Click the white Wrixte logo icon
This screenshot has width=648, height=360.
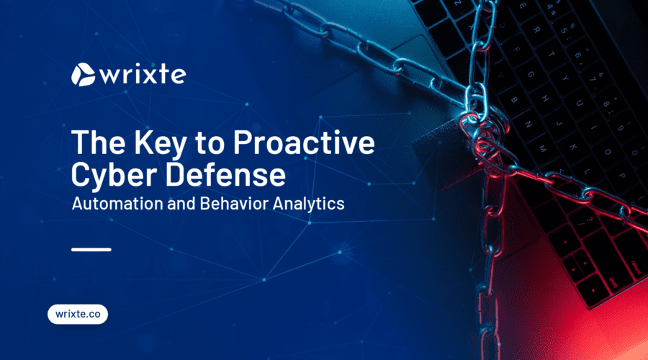83,75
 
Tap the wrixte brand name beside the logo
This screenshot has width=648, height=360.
143,75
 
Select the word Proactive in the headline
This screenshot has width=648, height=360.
304,142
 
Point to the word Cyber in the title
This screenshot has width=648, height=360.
115,175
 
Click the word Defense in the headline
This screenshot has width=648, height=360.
225,174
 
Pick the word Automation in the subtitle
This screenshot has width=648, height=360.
117,203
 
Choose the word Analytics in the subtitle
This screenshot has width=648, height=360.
308,204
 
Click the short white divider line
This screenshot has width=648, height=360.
91,250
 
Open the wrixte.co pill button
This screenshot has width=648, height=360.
78,314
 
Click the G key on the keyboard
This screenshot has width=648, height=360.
530,75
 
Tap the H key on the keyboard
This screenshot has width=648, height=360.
545,99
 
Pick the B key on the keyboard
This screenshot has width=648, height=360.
515,99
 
